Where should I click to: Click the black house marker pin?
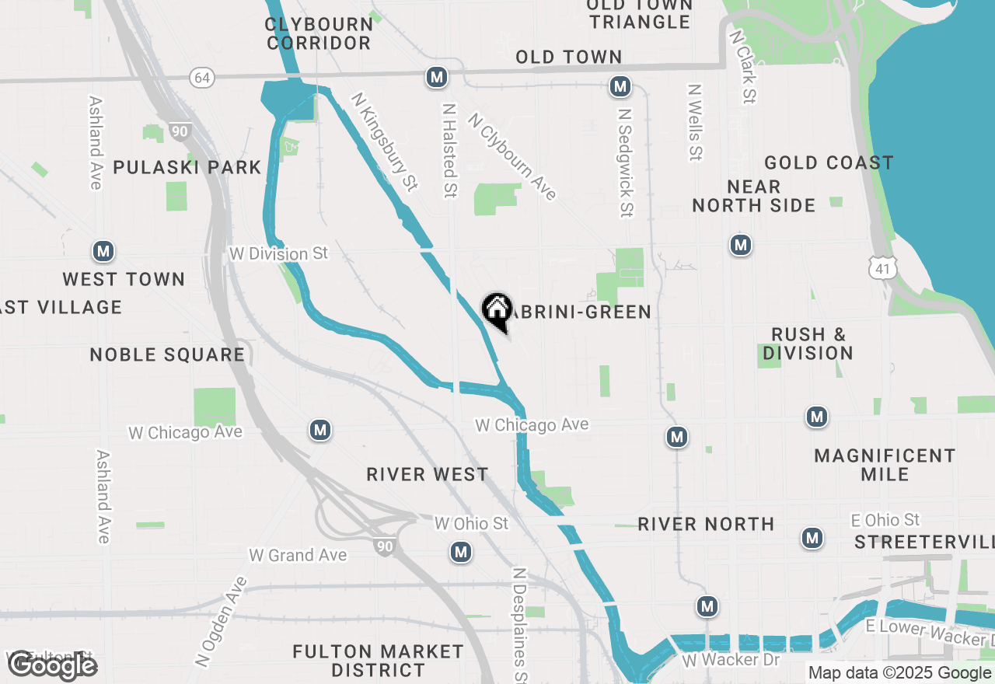497,311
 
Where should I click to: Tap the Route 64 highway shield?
202,77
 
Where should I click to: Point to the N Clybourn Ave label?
512,156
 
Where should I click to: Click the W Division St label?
279,253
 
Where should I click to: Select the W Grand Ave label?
298,555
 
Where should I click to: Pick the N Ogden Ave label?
222,622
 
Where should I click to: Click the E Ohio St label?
885,520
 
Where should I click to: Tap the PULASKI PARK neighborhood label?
187,167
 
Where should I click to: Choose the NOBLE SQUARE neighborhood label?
167,355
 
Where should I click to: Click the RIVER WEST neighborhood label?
428,474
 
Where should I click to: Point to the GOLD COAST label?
829,162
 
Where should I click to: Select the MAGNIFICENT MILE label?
885,464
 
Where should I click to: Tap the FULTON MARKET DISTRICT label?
378,660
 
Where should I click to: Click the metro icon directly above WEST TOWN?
103,251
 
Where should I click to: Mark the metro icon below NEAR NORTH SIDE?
741,246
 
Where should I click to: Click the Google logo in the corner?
52,665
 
